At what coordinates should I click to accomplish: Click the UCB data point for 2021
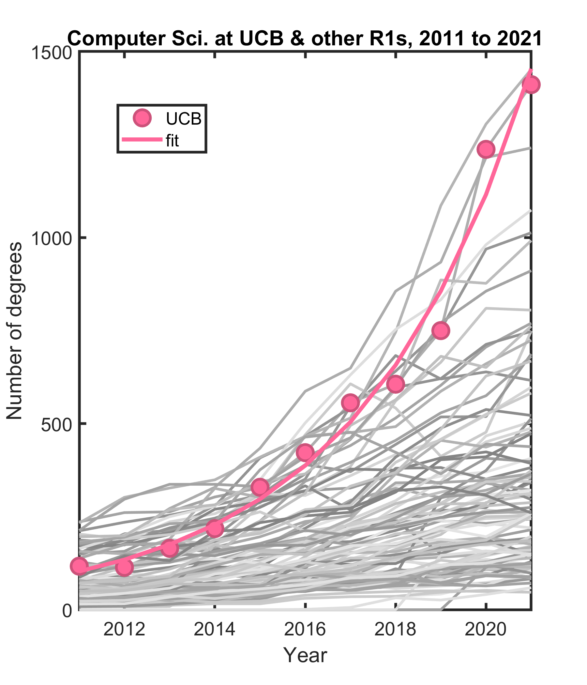click(x=531, y=84)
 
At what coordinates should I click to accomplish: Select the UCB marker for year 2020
click(x=486, y=149)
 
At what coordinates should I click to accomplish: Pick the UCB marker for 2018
click(x=395, y=384)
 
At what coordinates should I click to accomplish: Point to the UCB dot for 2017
click(x=350, y=403)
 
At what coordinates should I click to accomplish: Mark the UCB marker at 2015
click(x=260, y=487)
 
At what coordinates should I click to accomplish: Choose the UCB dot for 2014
click(x=215, y=528)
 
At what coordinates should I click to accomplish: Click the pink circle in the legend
click(x=142, y=118)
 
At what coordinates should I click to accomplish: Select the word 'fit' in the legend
click(x=172, y=141)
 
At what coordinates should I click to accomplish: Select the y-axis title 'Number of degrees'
click(x=15, y=331)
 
